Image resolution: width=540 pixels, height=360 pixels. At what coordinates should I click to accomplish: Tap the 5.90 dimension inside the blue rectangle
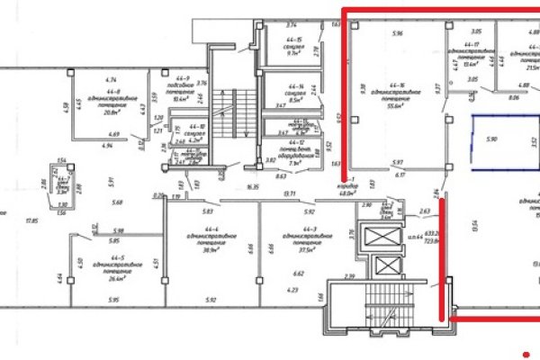click(491, 140)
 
